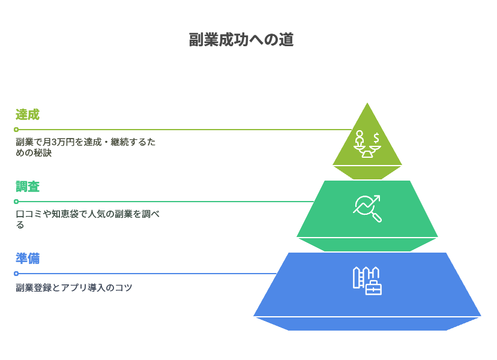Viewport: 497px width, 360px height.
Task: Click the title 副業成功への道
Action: tap(241, 40)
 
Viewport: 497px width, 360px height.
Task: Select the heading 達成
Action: tap(28, 115)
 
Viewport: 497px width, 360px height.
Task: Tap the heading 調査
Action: tap(28, 187)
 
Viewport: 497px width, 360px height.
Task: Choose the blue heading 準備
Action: tap(28, 259)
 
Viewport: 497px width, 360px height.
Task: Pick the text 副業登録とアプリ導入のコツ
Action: tap(74, 288)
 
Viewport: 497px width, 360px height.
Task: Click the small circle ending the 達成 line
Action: tap(16, 130)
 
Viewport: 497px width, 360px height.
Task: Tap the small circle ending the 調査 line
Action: tap(16, 202)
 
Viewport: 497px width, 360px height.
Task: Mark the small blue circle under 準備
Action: tap(16, 274)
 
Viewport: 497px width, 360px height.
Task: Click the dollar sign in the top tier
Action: tap(376, 138)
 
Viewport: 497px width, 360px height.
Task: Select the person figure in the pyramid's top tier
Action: tap(360, 138)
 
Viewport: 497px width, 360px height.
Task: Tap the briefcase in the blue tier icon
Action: tap(373, 288)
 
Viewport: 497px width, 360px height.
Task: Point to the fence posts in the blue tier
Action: tap(360, 277)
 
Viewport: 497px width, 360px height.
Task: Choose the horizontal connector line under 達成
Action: tap(180, 130)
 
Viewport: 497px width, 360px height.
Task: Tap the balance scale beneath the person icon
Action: tap(367, 151)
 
